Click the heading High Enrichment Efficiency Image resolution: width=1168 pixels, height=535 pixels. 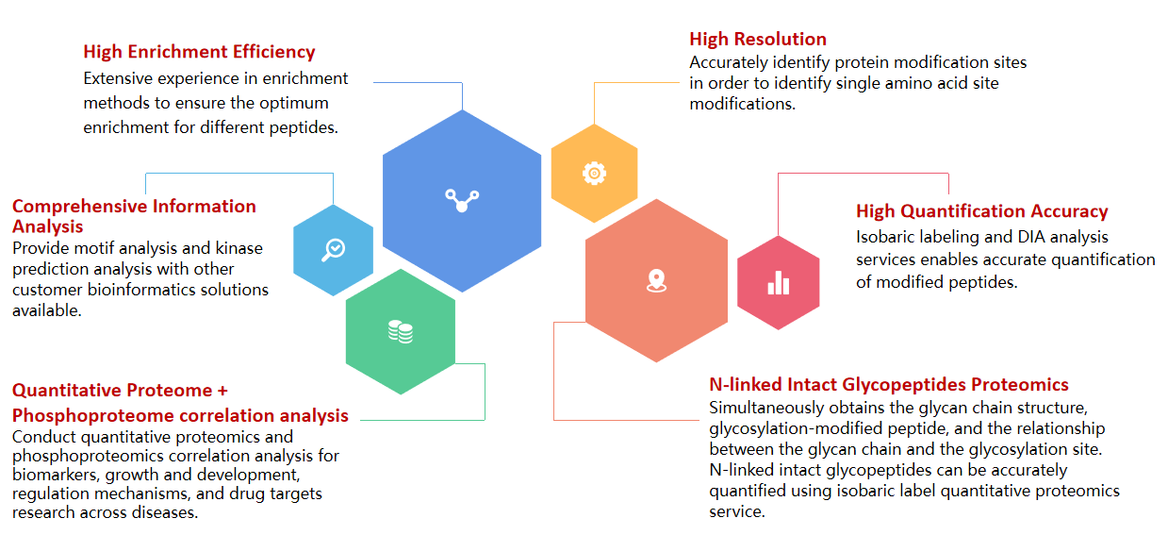coord(199,52)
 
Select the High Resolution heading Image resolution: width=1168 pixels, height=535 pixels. coord(758,39)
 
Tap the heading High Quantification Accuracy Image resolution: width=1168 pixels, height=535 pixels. coord(982,210)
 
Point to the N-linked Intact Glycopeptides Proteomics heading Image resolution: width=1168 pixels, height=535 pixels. coord(889,385)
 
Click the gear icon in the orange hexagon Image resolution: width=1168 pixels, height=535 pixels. coord(595,174)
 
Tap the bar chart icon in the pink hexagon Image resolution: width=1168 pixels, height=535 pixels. coord(778,282)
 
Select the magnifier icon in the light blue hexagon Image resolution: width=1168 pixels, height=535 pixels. coord(333,249)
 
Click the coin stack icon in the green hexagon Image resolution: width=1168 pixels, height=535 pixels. coord(401,331)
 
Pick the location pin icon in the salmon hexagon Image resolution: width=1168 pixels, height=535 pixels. coord(656,280)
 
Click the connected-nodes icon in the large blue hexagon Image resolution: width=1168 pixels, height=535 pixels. coord(462,200)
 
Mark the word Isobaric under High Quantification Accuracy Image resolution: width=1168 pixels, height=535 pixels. coord(885,237)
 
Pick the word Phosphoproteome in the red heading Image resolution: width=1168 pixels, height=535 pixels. coord(91,416)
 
